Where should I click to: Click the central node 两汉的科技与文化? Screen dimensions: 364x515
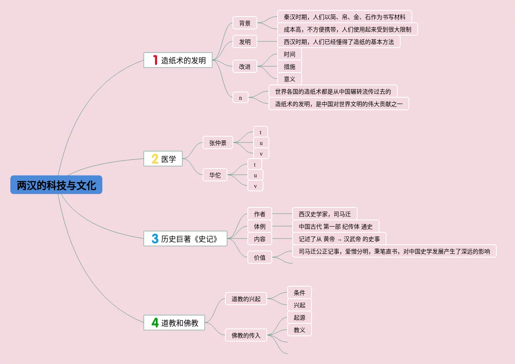pyautogui.click(x=56, y=185)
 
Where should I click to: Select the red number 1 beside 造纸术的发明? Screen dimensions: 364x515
pyautogui.click(x=155, y=60)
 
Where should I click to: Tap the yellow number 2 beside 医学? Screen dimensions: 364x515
pyautogui.click(x=155, y=159)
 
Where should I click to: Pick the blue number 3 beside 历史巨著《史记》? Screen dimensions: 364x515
pyautogui.click(x=155, y=239)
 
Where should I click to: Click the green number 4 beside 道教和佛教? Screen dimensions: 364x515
pyautogui.click(x=155, y=323)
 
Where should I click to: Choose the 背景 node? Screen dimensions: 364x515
pyautogui.click(x=245, y=23)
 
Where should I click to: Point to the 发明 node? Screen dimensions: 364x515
pyautogui.click(x=245, y=42)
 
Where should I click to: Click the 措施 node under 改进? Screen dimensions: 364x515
pyautogui.click(x=290, y=67)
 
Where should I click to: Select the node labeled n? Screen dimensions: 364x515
pyautogui.click(x=240, y=98)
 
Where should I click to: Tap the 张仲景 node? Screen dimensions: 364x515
pyautogui.click(x=218, y=143)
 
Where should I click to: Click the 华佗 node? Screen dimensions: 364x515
pyautogui.click(x=215, y=175)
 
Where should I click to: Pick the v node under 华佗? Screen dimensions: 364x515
pyautogui.click(x=255, y=186)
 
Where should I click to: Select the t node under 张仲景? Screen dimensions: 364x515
pyautogui.click(x=261, y=132)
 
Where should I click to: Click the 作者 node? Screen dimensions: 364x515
pyautogui.click(x=260, y=214)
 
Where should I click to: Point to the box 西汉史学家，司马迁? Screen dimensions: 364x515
pyautogui.click(x=324, y=214)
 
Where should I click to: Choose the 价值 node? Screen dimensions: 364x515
pyautogui.click(x=260, y=258)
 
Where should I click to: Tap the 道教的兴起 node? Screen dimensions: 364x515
pyautogui.click(x=246, y=299)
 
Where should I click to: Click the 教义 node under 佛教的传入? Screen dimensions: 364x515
pyautogui.click(x=299, y=330)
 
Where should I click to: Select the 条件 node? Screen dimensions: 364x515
pyautogui.click(x=299, y=293)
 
